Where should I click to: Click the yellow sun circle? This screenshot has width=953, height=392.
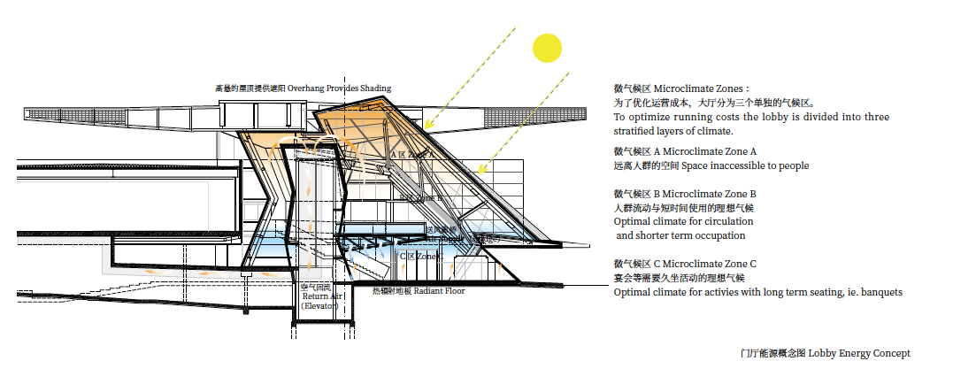pos(547,48)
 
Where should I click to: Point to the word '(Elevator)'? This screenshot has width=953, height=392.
pos(319,305)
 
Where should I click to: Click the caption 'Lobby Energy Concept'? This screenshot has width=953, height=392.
pos(858,354)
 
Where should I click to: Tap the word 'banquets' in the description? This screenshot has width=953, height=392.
pos(880,292)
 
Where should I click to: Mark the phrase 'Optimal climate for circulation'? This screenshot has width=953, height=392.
pos(680,221)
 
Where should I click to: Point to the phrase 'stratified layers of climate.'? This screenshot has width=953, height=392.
pos(673,131)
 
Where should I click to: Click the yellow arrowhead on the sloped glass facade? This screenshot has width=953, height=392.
pos(480,168)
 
